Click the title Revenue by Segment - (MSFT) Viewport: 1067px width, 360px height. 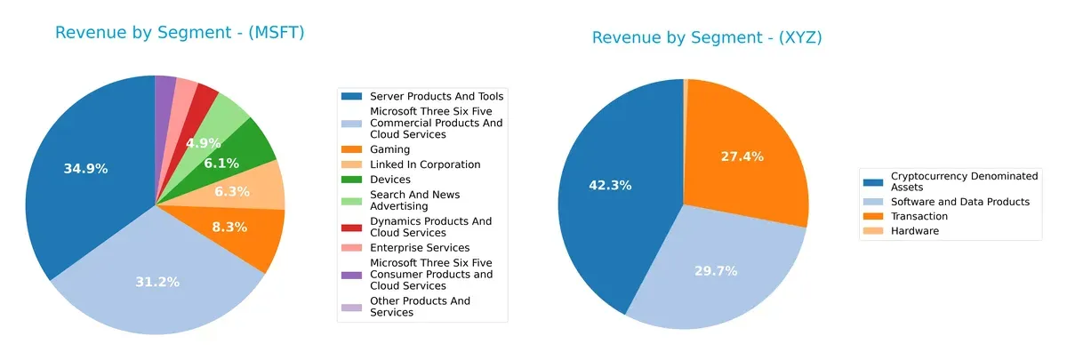coord(180,33)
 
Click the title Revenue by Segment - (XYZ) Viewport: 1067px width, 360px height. coord(707,37)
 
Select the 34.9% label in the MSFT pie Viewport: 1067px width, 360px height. coord(86,168)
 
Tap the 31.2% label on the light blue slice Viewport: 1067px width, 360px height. coord(157,281)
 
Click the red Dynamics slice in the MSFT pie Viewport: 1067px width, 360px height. coord(206,92)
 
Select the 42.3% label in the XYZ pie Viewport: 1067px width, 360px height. coord(610,185)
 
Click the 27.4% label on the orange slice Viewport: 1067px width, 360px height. coord(742,156)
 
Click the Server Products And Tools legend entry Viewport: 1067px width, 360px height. coord(436,96)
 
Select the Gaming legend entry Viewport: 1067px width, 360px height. coord(389,149)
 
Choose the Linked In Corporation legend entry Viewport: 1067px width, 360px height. coord(424,164)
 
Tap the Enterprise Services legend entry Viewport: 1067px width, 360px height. coord(419,247)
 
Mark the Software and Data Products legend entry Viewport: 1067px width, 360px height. coord(959,202)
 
